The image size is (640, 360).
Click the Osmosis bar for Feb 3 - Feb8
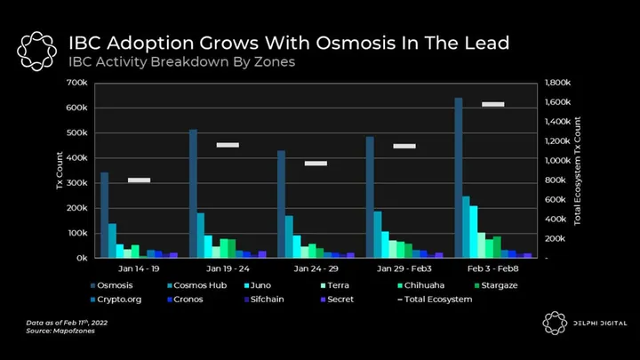click(459, 178)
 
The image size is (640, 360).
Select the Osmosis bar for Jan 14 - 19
click(104, 215)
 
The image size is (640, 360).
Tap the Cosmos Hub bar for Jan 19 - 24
click(201, 236)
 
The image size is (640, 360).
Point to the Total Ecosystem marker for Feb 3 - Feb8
click(493, 104)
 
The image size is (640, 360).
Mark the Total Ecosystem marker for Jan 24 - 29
click(316, 164)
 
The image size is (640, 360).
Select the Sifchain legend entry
click(265, 300)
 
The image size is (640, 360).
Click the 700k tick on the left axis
click(76, 83)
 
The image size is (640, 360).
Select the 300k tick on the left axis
click(76, 183)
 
